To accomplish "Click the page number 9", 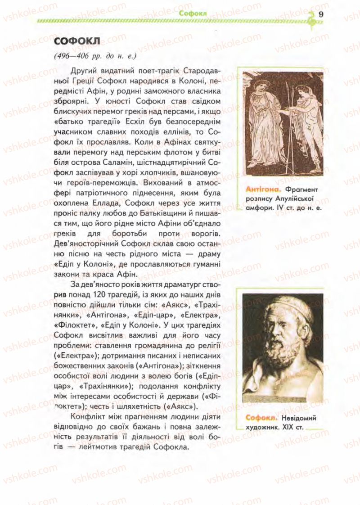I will tap(321, 14).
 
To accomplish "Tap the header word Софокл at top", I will tap(192, 14).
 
